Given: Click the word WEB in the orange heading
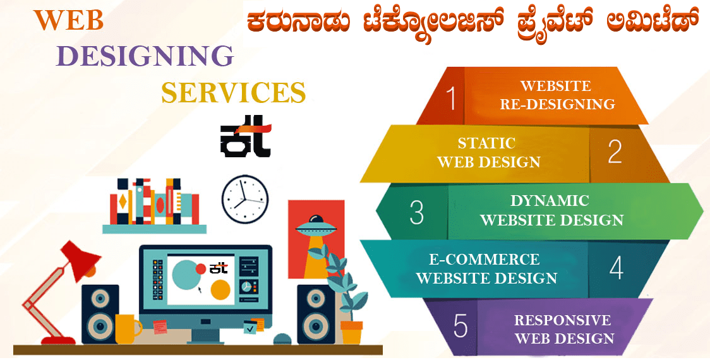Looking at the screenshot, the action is (69, 20).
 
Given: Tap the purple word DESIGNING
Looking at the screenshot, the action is (145, 56).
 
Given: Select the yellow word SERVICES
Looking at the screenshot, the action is (234, 92).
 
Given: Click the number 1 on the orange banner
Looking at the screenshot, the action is (450, 98).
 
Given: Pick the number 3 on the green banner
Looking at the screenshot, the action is (416, 212).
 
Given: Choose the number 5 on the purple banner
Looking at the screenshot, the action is (460, 325).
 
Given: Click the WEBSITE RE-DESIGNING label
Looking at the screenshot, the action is (558, 95).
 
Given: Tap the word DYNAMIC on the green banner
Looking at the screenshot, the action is (550, 201).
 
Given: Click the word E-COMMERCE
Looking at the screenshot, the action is (484, 259).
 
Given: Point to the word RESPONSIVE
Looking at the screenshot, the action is (562, 320).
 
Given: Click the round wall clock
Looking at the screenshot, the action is (245, 199).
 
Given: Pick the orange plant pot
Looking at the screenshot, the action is (351, 333).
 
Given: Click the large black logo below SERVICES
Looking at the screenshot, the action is (246, 140).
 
